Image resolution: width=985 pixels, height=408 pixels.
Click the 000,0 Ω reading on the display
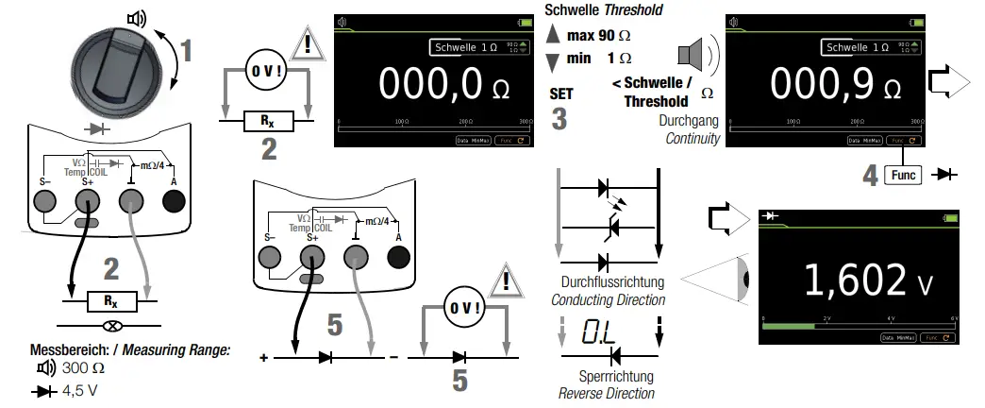pyautogui.click(x=433, y=84)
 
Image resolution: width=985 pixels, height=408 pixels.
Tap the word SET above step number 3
pyautogui.click(x=560, y=94)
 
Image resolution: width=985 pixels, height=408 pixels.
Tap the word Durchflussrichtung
pyautogui.click(x=610, y=281)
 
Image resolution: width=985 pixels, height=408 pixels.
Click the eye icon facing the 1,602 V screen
pyautogui.click(x=744, y=280)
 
